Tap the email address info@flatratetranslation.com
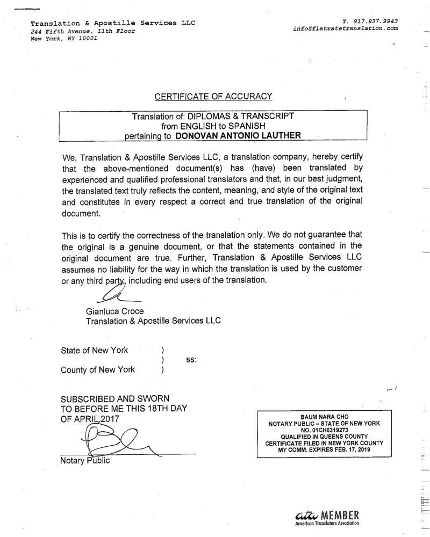point(346,28)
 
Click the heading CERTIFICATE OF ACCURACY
point(213,97)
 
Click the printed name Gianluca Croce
point(114,311)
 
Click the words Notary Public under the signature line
point(85,460)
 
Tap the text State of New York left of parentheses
point(95,351)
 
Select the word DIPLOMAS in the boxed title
point(210,115)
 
